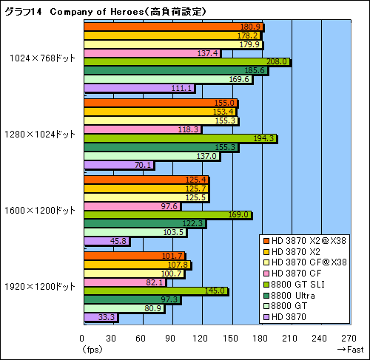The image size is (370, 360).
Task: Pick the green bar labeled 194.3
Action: click(x=181, y=138)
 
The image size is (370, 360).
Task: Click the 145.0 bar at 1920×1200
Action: click(x=156, y=291)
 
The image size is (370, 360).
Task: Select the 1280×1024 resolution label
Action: click(x=41, y=134)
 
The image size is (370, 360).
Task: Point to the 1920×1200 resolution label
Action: click(x=41, y=286)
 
